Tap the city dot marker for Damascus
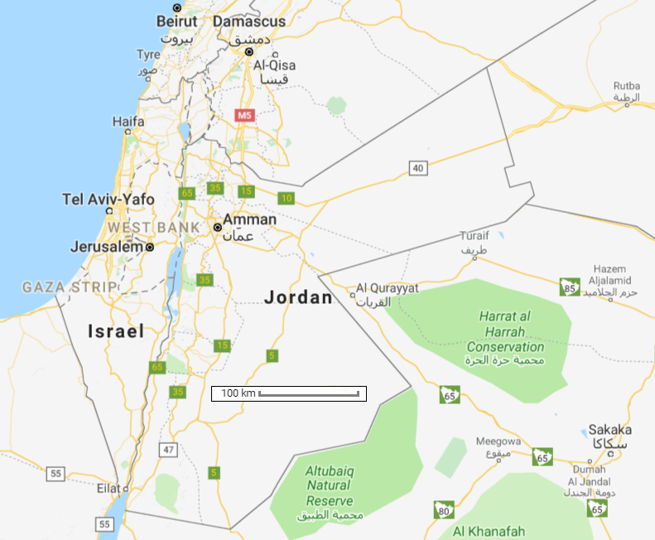(248, 51)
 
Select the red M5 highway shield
(243, 115)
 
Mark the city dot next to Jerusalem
(150, 247)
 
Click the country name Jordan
(298, 297)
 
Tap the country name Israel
(116, 331)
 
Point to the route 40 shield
(417, 169)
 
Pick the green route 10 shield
(287, 198)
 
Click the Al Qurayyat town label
(388, 289)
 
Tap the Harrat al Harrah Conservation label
(504, 331)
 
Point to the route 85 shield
(569, 287)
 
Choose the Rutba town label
(627, 86)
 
